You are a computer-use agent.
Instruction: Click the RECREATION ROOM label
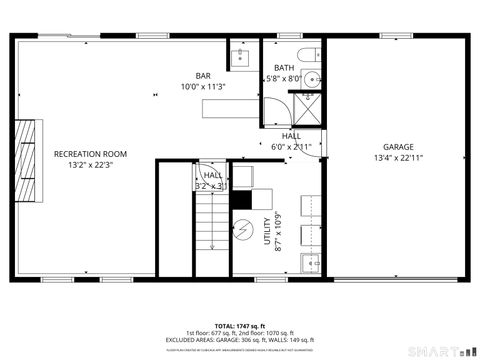click(91, 153)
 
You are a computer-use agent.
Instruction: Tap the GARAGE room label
click(398, 146)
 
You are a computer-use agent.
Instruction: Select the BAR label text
click(203, 75)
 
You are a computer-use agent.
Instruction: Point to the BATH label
click(284, 68)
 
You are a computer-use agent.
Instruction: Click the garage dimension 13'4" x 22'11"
click(398, 157)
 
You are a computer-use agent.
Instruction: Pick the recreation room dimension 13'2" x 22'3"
click(91, 166)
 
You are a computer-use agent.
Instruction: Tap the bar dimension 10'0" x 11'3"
click(203, 87)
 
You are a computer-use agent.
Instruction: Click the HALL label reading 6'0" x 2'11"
click(291, 146)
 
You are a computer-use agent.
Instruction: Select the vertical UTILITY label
click(266, 231)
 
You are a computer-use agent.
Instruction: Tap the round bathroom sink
click(313, 79)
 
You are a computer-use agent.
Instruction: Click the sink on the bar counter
click(240, 57)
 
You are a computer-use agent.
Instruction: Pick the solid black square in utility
click(241, 198)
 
